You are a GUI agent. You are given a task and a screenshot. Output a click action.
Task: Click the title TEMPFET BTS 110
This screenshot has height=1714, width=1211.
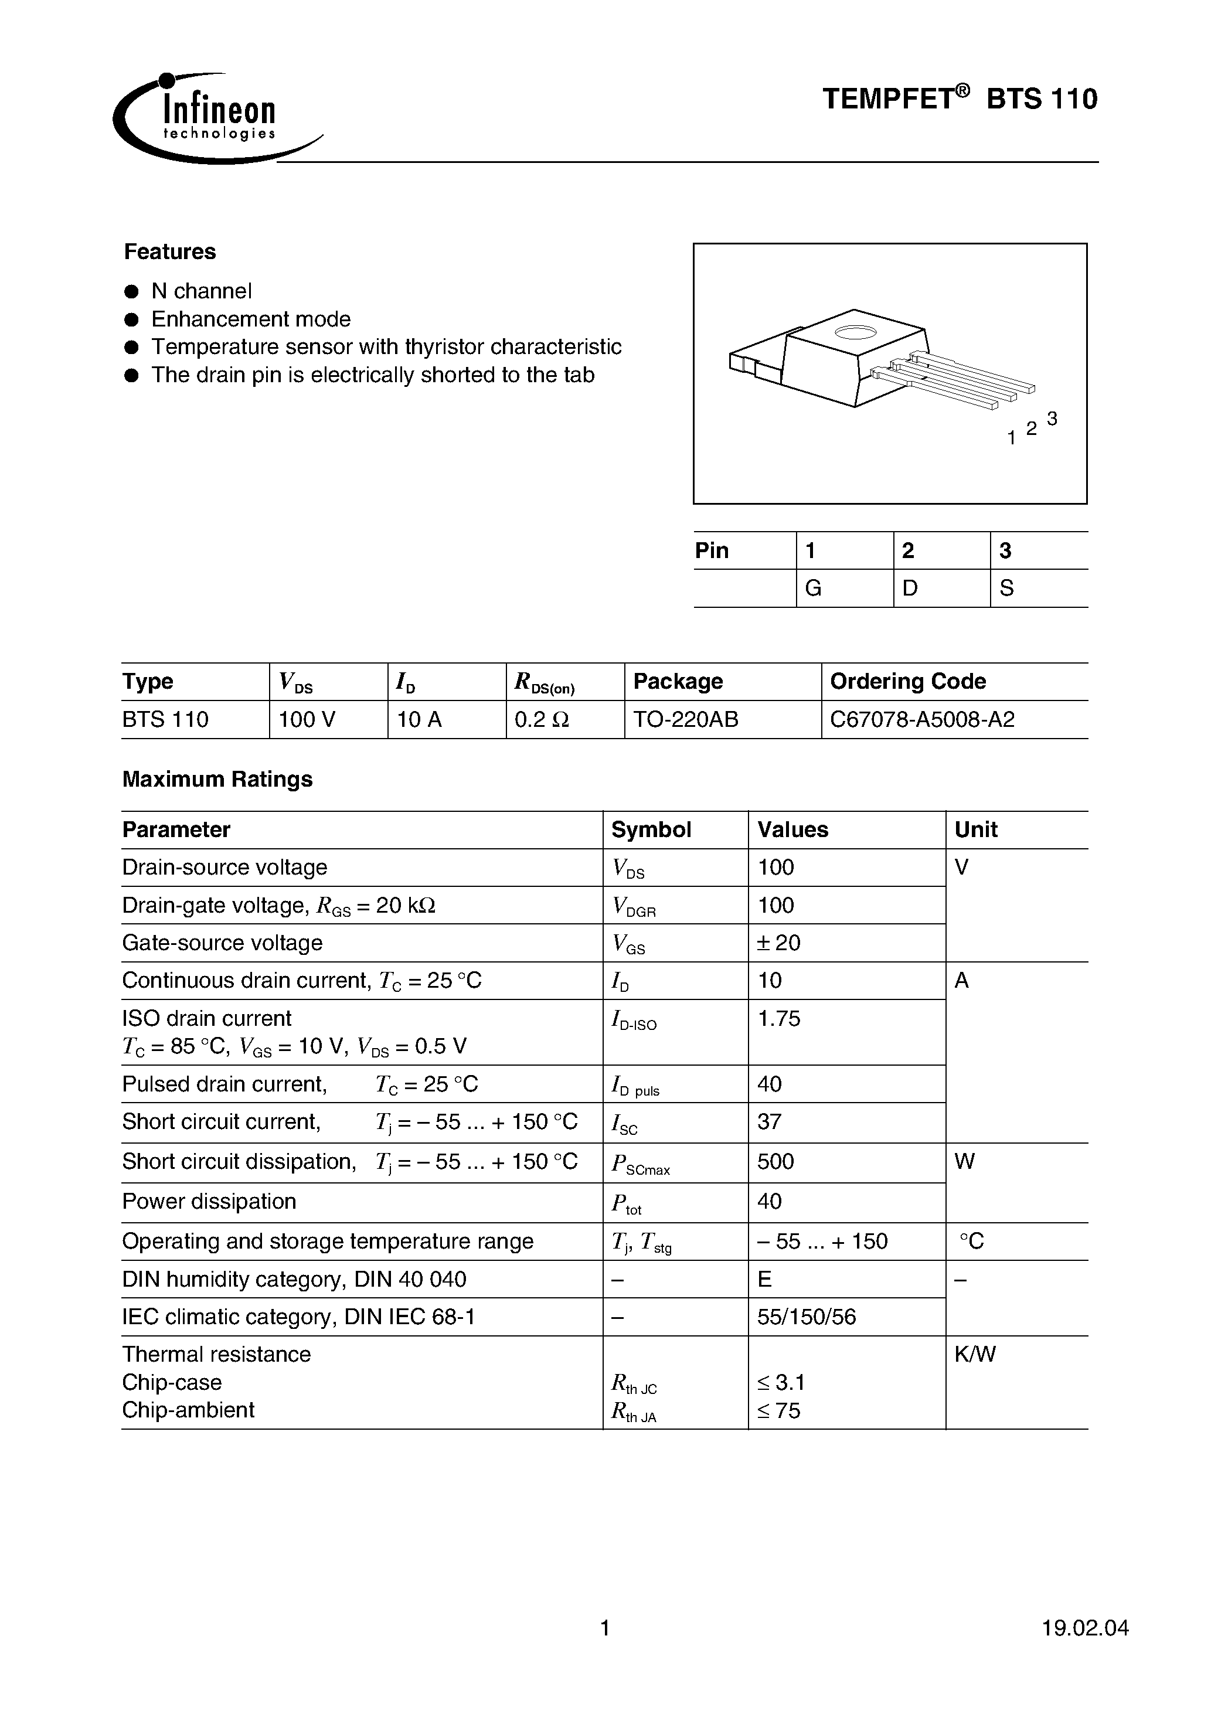(960, 98)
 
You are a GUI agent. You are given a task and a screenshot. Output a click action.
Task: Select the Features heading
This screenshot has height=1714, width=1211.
(169, 251)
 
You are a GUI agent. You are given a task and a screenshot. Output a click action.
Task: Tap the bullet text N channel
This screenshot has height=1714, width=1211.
(202, 290)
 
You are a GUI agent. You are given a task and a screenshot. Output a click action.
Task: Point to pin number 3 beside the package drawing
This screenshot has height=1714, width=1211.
(1052, 419)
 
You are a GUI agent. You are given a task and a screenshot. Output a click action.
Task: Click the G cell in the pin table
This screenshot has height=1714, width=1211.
(813, 589)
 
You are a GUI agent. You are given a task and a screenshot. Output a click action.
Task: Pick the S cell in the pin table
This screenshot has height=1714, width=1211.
(1006, 589)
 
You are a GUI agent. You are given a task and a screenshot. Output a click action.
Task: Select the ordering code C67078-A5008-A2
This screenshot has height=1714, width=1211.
(922, 720)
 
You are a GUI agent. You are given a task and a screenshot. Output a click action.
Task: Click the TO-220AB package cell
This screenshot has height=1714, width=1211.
(685, 720)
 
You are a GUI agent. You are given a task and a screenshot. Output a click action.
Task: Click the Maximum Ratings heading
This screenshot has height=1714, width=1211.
(217, 780)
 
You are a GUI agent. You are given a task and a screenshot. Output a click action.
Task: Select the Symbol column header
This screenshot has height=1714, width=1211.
(651, 829)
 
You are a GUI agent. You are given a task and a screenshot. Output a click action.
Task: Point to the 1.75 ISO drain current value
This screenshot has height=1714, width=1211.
(779, 1018)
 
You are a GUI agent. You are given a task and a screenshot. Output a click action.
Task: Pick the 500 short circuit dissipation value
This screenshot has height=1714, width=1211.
(775, 1162)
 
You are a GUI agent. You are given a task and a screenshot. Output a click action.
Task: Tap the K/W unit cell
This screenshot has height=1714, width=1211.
(975, 1354)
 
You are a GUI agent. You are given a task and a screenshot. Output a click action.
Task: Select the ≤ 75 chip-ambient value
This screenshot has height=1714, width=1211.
(779, 1411)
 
